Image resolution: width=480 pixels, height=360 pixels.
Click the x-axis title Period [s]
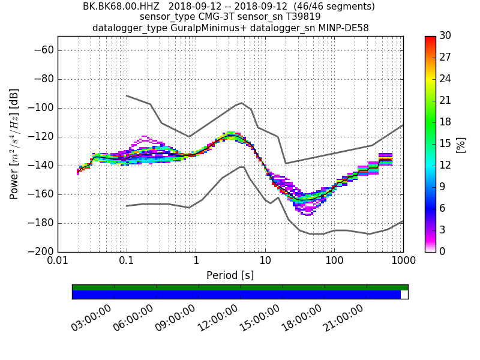coord(230,275)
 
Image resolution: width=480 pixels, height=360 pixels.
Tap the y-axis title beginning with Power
coord(14,144)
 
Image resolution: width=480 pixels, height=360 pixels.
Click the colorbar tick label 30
coord(446,37)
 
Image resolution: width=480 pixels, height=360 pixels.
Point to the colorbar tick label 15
coord(446,144)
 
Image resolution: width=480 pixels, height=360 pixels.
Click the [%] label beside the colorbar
coord(461,144)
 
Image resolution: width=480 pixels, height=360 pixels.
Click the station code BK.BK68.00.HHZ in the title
coord(122,7)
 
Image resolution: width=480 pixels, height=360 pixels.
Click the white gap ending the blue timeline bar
coord(404,295)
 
